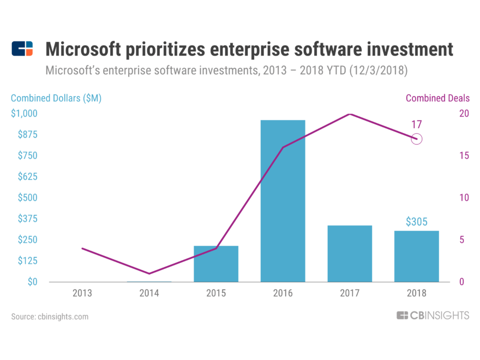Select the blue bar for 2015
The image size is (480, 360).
click(x=216, y=264)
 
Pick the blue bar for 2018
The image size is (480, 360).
click(x=417, y=256)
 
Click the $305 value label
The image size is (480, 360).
click(x=417, y=222)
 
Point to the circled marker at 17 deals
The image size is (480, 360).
click(x=417, y=139)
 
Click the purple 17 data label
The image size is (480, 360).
click(x=417, y=125)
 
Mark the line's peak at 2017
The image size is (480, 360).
click(x=350, y=114)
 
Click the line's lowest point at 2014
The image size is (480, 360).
click(x=149, y=273)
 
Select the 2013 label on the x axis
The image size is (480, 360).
click(x=82, y=293)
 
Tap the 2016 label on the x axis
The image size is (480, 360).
click(x=283, y=293)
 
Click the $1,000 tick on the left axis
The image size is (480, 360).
click(x=23, y=113)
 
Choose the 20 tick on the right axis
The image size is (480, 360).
click(x=463, y=113)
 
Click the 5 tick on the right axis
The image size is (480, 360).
click(x=461, y=240)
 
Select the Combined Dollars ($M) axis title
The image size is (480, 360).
click(x=56, y=98)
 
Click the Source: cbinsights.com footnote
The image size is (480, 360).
click(x=50, y=316)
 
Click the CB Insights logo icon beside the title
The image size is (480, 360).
click(x=22, y=49)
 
